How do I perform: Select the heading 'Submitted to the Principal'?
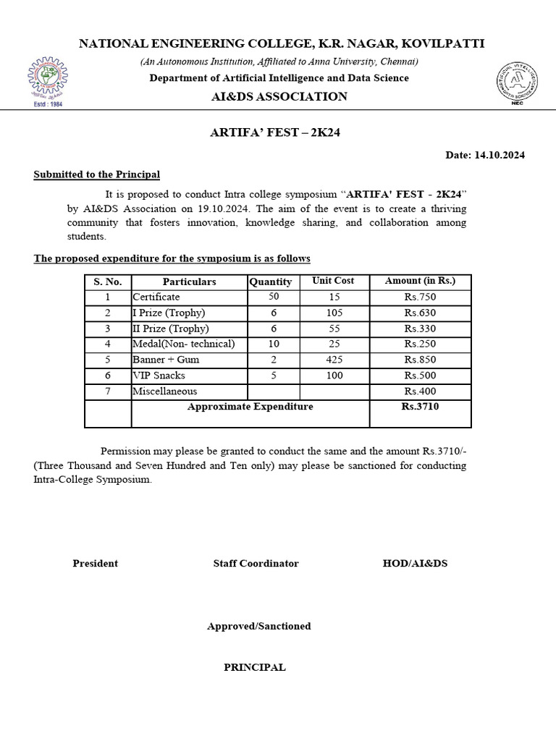click(x=97, y=174)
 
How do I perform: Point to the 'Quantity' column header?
click(x=270, y=281)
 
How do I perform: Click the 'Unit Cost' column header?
click(x=333, y=281)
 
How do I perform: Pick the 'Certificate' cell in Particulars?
click(x=156, y=297)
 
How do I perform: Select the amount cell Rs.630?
click(x=420, y=313)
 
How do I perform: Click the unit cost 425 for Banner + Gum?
click(x=334, y=360)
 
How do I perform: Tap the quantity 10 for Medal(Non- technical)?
click(x=273, y=344)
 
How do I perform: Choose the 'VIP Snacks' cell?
click(x=158, y=376)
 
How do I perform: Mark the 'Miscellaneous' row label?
click(x=164, y=391)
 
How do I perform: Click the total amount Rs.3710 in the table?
click(x=420, y=407)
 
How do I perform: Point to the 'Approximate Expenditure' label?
click(x=250, y=407)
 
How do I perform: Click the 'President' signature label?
click(x=95, y=563)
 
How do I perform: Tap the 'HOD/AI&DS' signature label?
click(x=419, y=563)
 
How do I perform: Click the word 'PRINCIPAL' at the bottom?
click(x=254, y=667)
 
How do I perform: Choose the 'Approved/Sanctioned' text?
click(x=258, y=626)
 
